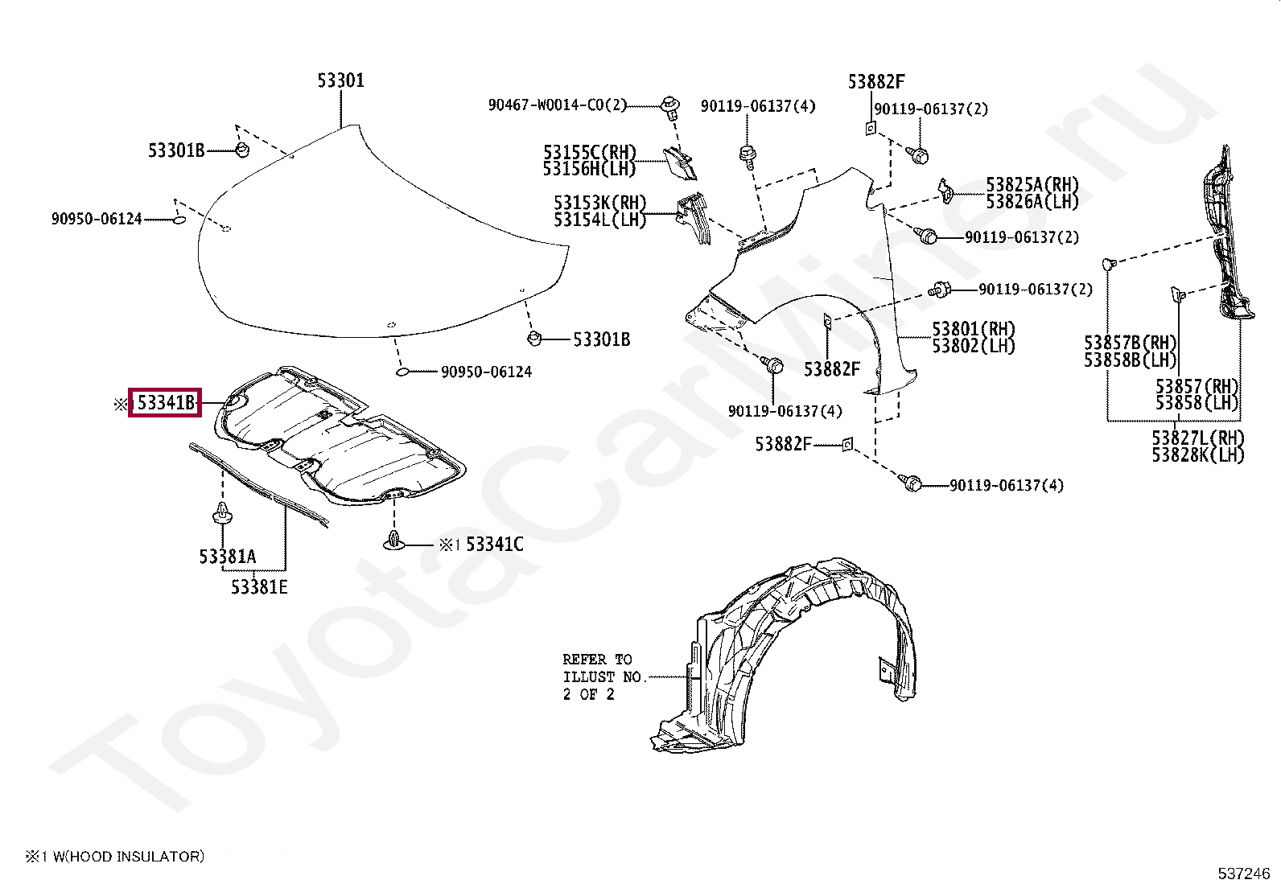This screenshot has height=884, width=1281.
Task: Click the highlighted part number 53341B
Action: tap(165, 403)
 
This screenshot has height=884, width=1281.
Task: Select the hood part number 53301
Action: tap(340, 80)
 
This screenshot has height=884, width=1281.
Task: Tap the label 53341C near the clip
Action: tap(494, 545)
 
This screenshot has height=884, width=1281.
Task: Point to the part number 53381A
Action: tap(227, 556)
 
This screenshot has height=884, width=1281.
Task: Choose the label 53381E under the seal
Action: tap(259, 587)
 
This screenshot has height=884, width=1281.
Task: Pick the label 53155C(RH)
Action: tap(589, 152)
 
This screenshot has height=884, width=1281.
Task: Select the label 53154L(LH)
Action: tap(599, 220)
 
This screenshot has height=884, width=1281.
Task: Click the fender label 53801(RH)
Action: tap(974, 329)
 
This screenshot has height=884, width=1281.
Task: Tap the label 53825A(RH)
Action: tap(1032, 185)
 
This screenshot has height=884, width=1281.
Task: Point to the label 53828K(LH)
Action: tap(1197, 455)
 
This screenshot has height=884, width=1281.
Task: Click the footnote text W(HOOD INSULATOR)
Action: tap(128, 857)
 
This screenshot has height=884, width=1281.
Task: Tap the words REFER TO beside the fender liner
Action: tap(597, 660)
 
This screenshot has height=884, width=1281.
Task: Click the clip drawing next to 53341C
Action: tap(393, 541)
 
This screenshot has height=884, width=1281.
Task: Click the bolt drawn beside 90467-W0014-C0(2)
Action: tap(668, 105)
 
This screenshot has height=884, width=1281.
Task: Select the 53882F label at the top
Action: tap(875, 81)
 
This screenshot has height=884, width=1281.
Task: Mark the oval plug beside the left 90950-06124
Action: tap(179, 219)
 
